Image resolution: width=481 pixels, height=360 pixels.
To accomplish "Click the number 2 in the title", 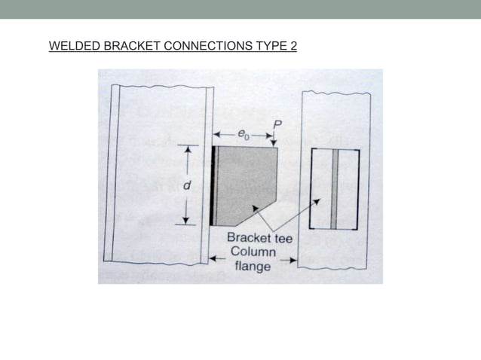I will (293, 47).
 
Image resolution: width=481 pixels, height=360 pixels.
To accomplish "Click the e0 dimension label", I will (243, 134).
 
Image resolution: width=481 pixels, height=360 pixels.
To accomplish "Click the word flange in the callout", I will (253, 266).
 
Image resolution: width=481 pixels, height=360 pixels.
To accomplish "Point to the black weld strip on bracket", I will (213, 185).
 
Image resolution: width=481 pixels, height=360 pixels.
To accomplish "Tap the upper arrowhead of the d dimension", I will (188, 150).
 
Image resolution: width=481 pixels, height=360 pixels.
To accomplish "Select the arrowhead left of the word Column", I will (213, 259).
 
